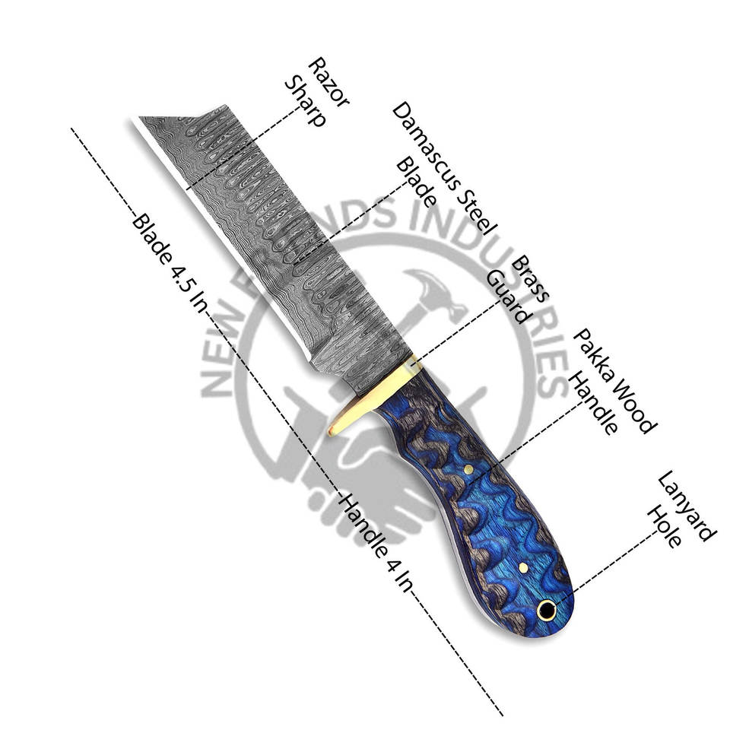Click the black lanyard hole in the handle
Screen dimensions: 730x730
(546, 610)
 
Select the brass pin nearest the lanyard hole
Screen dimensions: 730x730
(524, 567)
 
